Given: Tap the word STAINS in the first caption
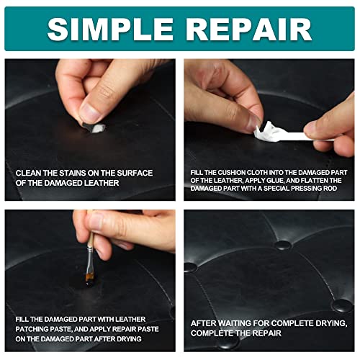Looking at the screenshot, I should (68, 173).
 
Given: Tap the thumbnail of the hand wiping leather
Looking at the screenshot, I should (89, 112).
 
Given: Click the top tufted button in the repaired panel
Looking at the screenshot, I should (282, 246).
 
